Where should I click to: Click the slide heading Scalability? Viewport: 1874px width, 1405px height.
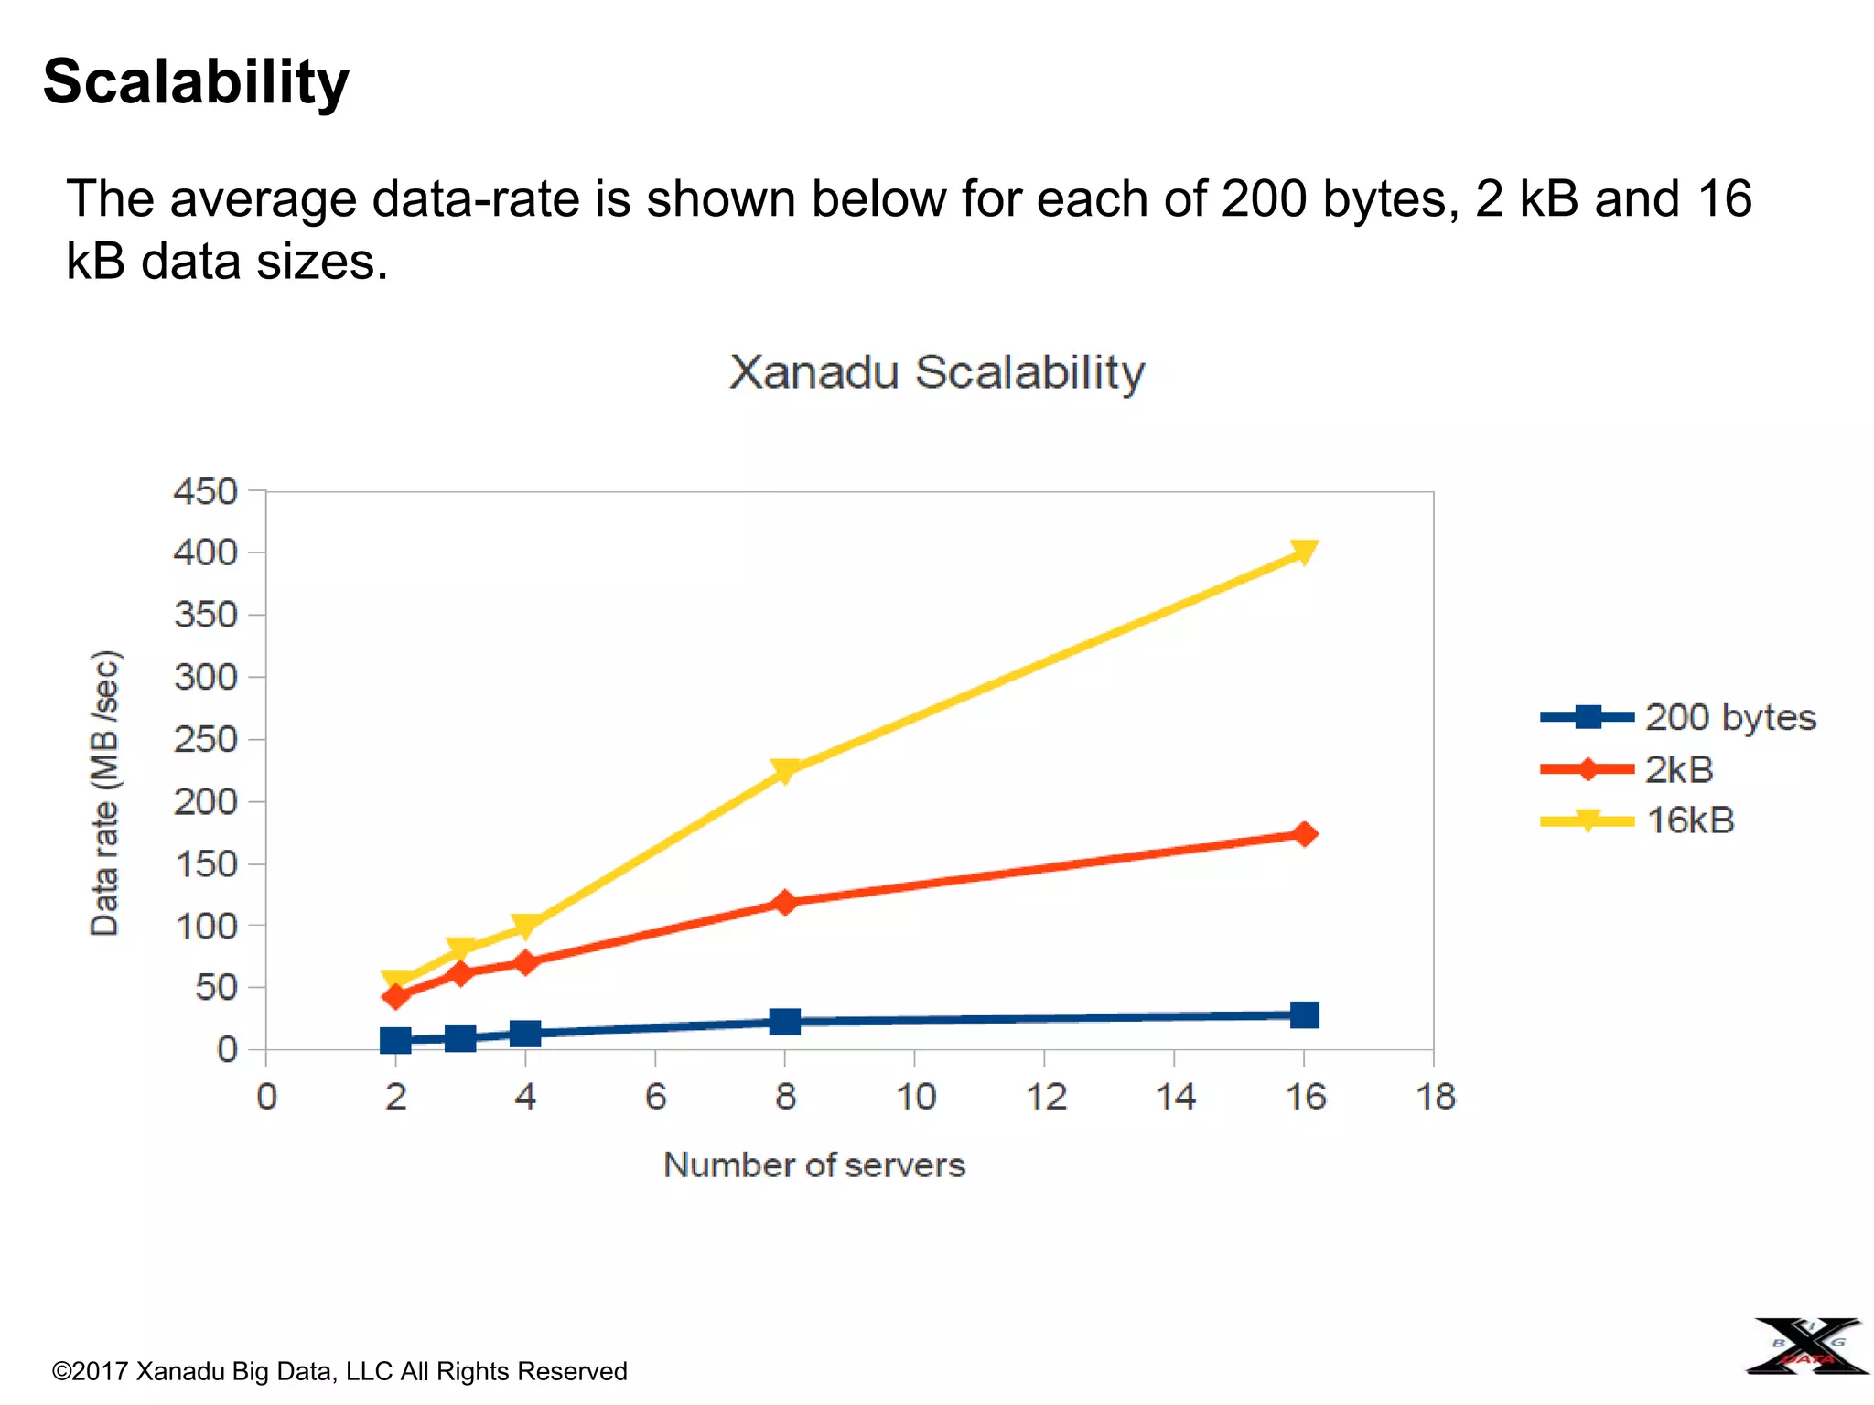pyautogui.click(x=196, y=82)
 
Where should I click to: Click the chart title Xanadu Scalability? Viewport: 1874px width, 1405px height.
pyautogui.click(x=936, y=372)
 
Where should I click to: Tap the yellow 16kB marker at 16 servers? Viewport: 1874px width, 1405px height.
pyautogui.click(x=1304, y=552)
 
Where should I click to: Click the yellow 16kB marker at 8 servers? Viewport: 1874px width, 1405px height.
pyautogui.click(x=784, y=771)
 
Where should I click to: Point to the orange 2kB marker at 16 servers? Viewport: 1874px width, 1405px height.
pyautogui.click(x=1305, y=833)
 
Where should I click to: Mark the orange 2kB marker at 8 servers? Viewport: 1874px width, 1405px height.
pyautogui.click(x=784, y=903)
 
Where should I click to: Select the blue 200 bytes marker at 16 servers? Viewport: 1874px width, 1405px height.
pyautogui.click(x=1304, y=1014)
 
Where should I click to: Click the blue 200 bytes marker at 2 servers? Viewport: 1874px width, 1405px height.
pyautogui.click(x=395, y=1040)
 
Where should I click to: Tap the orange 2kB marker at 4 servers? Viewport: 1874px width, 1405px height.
pyautogui.click(x=525, y=962)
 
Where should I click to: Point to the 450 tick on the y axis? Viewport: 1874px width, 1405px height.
pyautogui.click(x=206, y=492)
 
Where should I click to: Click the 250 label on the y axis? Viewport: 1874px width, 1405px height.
pyautogui.click(x=206, y=739)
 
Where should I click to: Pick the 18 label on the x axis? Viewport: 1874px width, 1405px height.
pyautogui.click(x=1435, y=1096)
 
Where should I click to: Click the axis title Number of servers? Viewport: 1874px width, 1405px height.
pyautogui.click(x=813, y=1165)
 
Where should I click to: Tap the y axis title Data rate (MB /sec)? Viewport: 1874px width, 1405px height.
pyautogui.click(x=105, y=792)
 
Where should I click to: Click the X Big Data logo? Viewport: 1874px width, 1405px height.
pyautogui.click(x=1807, y=1346)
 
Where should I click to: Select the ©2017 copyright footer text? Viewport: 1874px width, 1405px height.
pyautogui.click(x=339, y=1371)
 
